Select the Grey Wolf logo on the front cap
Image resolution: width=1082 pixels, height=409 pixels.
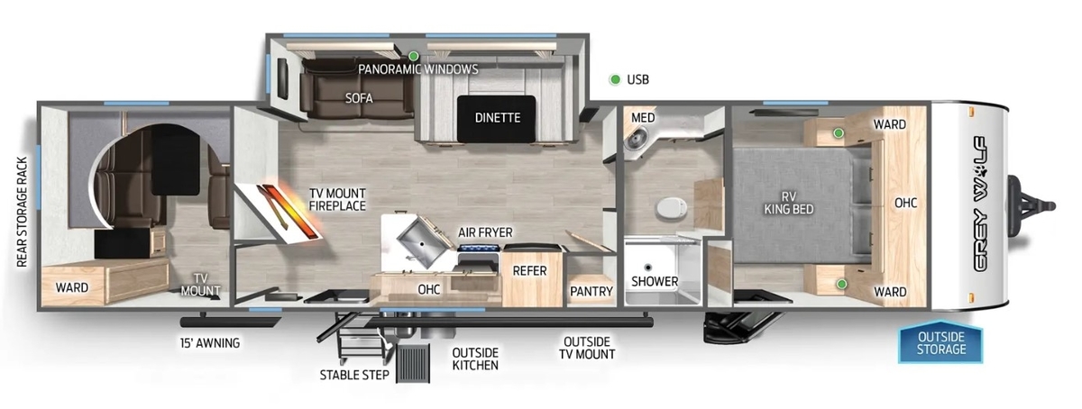979,204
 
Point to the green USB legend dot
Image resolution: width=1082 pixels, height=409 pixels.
615,79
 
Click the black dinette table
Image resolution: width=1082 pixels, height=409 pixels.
497,119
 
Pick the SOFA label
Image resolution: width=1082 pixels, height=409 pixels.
359,98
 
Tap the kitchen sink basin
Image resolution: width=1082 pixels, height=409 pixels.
421,241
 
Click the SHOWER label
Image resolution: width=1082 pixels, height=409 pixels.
655,281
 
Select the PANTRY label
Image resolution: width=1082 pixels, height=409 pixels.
591,291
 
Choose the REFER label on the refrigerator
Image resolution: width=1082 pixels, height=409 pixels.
530,271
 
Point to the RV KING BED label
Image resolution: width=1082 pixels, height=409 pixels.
788,203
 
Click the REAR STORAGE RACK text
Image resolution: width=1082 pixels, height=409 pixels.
23,212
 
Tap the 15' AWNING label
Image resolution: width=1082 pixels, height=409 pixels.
209,343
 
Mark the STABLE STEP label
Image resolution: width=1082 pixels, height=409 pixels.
354,375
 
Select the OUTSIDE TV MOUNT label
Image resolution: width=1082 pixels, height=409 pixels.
587,348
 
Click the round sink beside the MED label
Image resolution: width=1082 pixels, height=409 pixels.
634,140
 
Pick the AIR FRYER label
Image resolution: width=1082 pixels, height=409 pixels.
485,232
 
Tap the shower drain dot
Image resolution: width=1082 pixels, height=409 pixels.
648,267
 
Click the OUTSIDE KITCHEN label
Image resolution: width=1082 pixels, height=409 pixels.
475,359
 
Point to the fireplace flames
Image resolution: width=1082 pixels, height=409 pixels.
291,211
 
